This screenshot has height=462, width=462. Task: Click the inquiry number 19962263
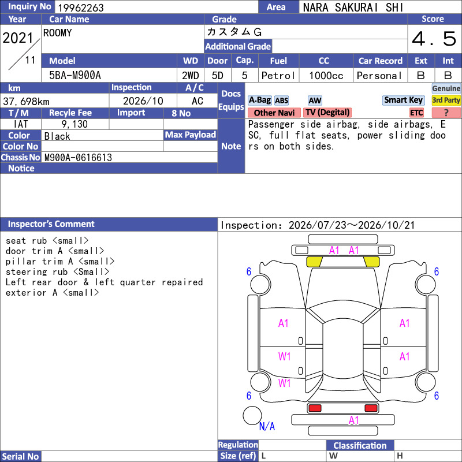81,8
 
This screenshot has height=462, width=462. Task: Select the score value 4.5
434,39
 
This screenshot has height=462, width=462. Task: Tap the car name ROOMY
57,33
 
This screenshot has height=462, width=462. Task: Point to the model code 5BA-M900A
75,76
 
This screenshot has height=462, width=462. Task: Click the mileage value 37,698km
26,102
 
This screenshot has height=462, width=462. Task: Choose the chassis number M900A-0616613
78,158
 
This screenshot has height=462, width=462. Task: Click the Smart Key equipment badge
403,100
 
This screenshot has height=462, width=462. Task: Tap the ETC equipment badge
416,113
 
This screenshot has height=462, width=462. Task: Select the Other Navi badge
274,113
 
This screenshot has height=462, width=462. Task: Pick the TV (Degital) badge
327,112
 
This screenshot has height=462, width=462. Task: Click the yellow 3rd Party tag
446,100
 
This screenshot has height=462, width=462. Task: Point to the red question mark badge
446,113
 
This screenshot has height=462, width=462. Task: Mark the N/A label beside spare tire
267,426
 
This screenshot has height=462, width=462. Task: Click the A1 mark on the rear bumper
353,420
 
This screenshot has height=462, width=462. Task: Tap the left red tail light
315,408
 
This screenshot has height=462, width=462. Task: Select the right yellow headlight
371,262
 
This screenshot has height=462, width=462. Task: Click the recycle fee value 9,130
74,124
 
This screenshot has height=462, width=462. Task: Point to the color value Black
57,136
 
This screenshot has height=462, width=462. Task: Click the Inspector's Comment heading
51,224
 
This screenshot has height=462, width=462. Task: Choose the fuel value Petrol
278,76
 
